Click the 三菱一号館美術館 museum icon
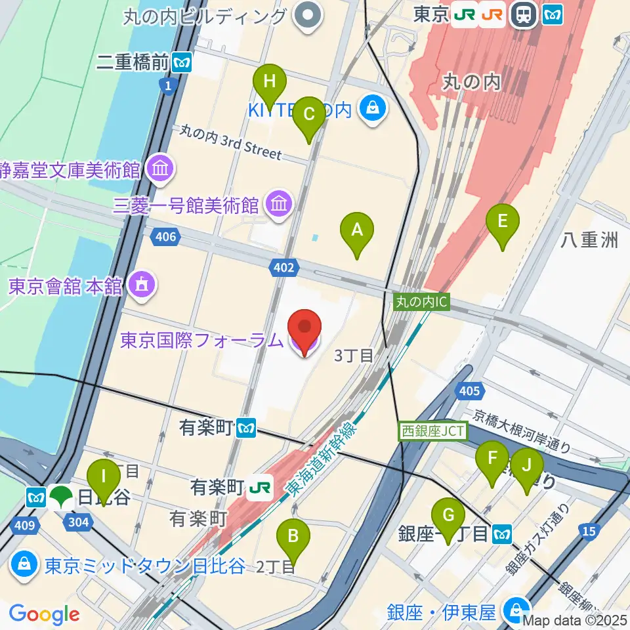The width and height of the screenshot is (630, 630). click(278, 205)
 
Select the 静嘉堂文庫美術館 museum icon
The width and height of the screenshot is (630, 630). click(161, 170)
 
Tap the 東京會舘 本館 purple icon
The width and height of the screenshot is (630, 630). click(141, 285)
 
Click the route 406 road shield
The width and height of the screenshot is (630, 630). click(166, 236)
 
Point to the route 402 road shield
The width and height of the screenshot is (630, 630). click(283, 266)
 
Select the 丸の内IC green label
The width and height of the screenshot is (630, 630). click(421, 302)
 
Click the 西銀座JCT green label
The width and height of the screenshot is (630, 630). click(432, 431)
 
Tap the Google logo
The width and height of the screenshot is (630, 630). click(44, 615)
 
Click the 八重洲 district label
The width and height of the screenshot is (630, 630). click(589, 240)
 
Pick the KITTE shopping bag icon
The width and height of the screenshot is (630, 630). click(373, 110)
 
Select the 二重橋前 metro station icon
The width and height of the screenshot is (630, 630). click(181, 63)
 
